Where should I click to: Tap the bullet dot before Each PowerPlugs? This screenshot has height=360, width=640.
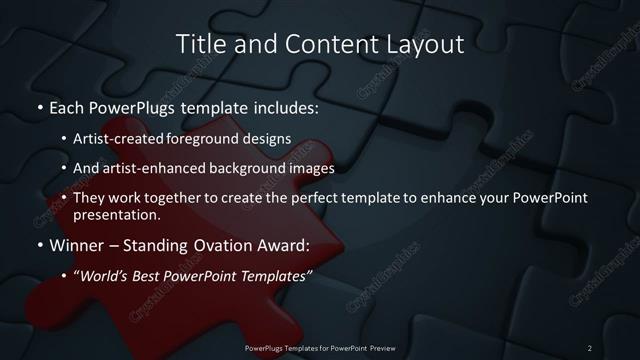39,106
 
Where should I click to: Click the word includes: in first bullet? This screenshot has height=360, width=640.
284,106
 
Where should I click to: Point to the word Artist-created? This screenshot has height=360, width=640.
132,139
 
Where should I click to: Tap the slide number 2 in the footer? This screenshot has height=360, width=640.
590,347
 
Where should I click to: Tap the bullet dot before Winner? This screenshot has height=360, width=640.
39,245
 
